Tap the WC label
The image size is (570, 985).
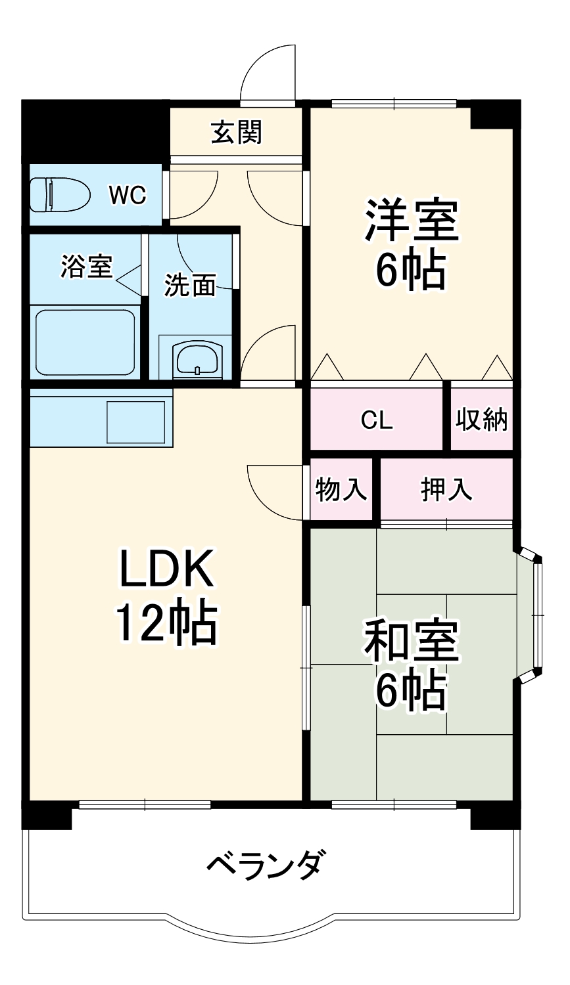coord(128,195)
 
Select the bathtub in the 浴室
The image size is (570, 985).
coord(85,341)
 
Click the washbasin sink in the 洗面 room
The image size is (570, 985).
coord(198,357)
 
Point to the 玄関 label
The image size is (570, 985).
coord(237,132)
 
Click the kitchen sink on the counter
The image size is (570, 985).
coord(136,422)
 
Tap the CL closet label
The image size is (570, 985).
coord(377,420)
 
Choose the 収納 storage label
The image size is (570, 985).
coord(481,420)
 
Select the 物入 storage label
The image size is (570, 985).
coord(341,489)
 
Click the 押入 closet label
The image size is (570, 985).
coord(446,489)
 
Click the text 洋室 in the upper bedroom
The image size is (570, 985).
coord(412,221)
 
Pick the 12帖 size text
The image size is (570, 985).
coord(166,624)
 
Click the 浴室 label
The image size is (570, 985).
coord(87,267)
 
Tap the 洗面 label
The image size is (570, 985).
coord(191,286)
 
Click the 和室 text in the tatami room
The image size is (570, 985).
coord(412,642)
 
